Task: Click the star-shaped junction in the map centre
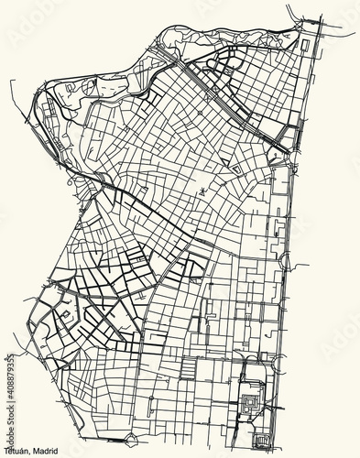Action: pyautogui.click(x=201, y=191)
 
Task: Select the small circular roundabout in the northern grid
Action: pyautogui.click(x=200, y=113)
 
